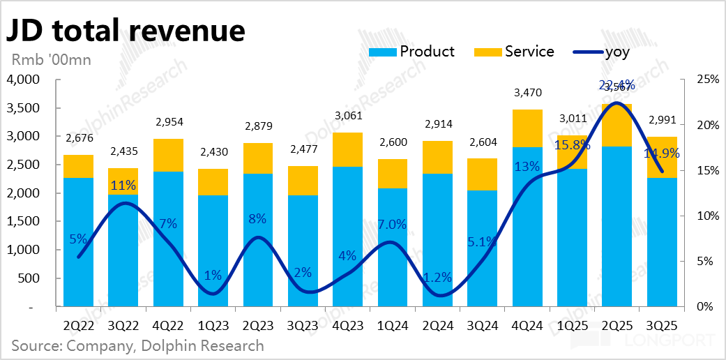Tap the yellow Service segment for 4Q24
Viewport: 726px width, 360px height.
pyautogui.click(x=527, y=128)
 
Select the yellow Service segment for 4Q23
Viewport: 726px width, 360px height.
pyautogui.click(x=347, y=149)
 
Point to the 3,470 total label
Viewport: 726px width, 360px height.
pyautogui.click(x=527, y=92)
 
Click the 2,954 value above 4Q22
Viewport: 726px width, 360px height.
pyautogui.click(x=168, y=122)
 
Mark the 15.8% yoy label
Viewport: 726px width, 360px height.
pyautogui.click(x=572, y=146)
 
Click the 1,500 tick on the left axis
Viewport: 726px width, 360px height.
pyautogui.click(x=25, y=221)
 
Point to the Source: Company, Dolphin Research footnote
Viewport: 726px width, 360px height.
pyautogui.click(x=137, y=345)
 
